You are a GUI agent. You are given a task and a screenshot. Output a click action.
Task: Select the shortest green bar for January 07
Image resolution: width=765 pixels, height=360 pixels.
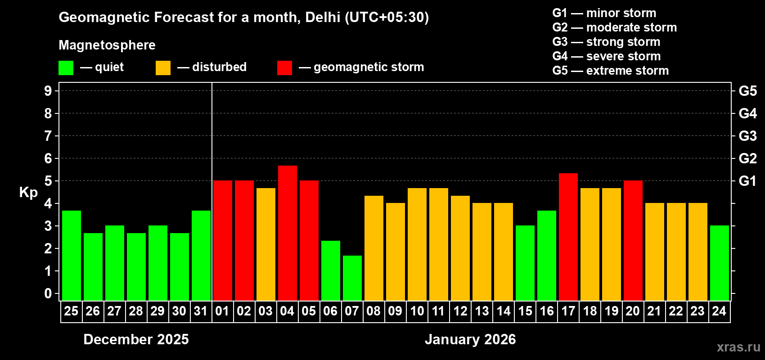coord(352,278)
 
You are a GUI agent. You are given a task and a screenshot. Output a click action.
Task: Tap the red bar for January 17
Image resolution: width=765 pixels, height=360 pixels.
coord(568,237)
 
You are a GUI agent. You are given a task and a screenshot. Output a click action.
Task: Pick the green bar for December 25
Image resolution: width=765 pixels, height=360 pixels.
coord(71,256)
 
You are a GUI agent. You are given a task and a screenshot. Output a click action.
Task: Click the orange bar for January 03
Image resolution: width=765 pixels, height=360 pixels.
coord(265,244)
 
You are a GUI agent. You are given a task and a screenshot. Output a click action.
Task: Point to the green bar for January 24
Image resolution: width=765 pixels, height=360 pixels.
coord(719,263)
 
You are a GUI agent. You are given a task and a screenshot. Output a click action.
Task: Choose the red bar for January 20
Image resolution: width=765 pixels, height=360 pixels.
coord(633,241)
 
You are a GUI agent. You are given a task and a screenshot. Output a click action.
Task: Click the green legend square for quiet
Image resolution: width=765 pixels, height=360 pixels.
coord(66,68)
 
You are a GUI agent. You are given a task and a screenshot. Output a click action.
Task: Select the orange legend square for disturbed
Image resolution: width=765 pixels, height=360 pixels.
coord(163,68)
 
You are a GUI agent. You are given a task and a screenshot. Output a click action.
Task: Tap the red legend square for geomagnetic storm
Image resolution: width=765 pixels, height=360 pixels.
coord(284,68)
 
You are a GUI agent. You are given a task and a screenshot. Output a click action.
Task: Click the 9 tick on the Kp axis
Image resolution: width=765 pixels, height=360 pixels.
coord(48,91)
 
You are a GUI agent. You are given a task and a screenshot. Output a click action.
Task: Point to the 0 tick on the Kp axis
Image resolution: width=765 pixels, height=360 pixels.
coord(48,294)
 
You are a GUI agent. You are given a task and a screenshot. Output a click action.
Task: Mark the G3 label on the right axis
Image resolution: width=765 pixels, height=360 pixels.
coord(747,136)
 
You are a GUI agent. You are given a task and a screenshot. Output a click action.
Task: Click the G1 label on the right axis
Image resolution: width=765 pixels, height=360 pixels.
coord(747,181)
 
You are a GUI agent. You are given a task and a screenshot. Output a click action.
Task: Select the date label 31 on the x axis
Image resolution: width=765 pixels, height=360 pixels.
coord(201,311)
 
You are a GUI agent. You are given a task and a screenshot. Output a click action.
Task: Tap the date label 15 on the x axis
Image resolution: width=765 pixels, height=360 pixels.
coord(525,311)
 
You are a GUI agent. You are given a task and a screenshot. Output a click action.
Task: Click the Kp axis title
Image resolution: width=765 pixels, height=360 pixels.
coord(28,193)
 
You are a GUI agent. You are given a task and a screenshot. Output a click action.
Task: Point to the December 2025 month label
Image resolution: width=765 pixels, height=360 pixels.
coord(136,339)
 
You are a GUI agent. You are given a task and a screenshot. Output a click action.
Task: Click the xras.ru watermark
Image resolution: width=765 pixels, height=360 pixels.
coord(738,347)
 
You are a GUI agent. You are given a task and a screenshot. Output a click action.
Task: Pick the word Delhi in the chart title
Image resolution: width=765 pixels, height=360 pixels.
coord(322,17)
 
